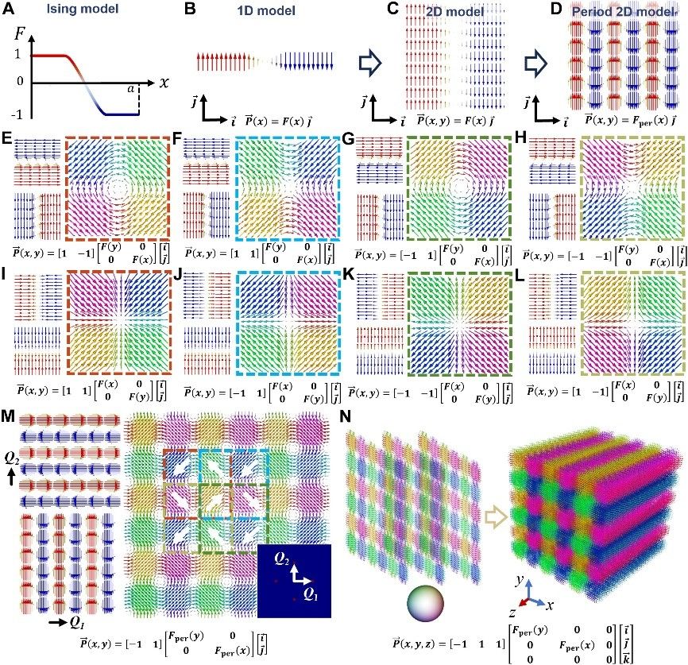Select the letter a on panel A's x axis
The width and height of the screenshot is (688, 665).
[x=152, y=90]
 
